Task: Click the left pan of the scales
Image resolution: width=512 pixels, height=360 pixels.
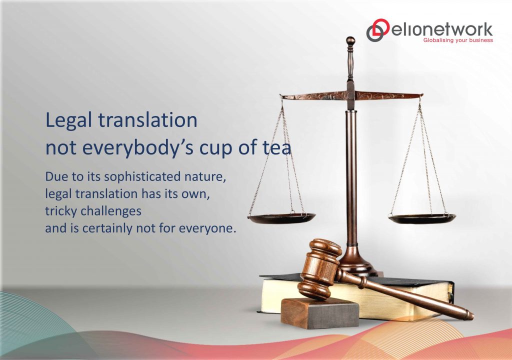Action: point(281,218)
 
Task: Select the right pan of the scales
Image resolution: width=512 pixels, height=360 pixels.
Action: point(422,218)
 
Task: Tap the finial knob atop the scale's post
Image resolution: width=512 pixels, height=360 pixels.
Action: point(350,41)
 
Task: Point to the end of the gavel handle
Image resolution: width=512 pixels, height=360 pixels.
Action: point(467,315)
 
